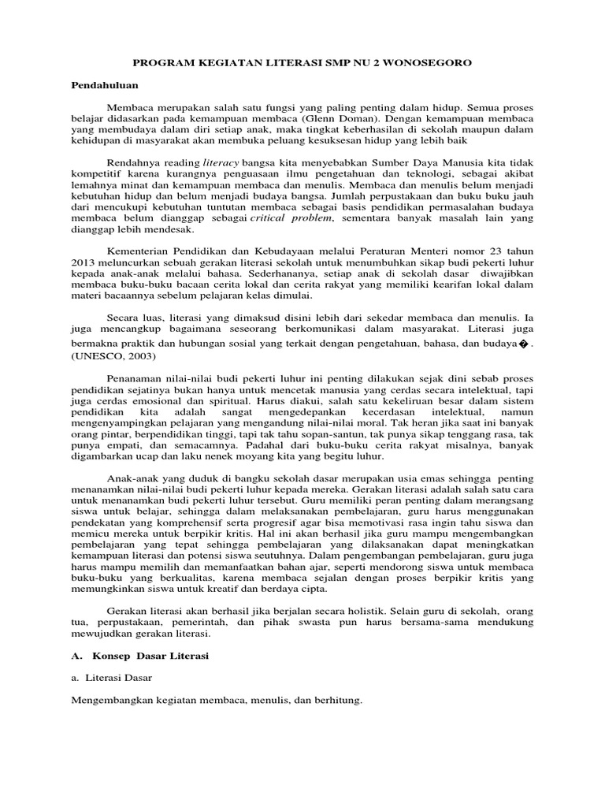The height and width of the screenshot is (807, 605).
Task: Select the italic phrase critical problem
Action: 298,218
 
